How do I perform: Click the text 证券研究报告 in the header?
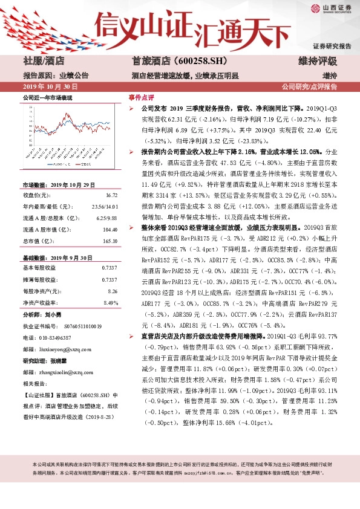[x=332, y=46]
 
